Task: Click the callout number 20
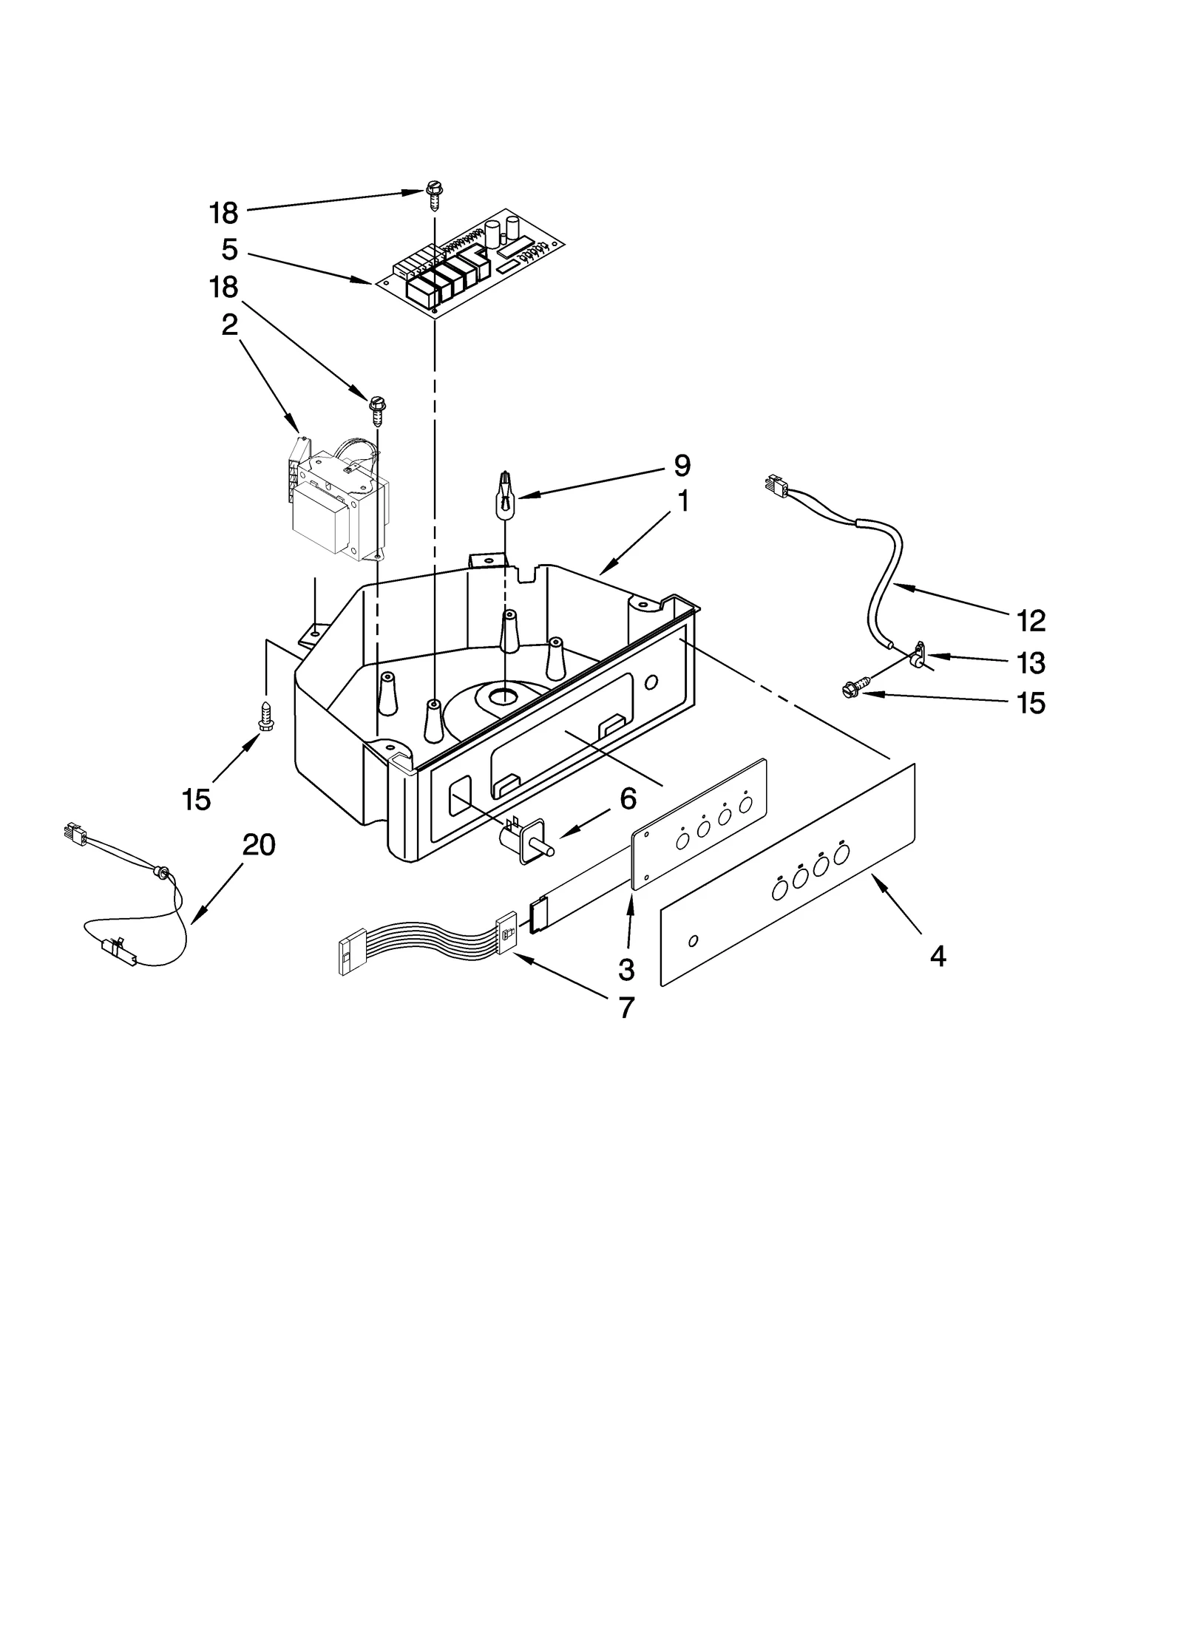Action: [258, 844]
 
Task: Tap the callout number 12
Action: [1030, 621]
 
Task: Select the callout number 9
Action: [682, 466]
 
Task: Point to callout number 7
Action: [626, 1008]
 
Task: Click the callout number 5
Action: [230, 250]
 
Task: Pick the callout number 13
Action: [1030, 662]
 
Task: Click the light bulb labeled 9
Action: [504, 500]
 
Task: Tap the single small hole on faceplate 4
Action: [692, 941]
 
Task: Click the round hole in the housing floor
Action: [504, 694]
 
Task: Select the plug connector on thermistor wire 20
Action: [75, 833]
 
